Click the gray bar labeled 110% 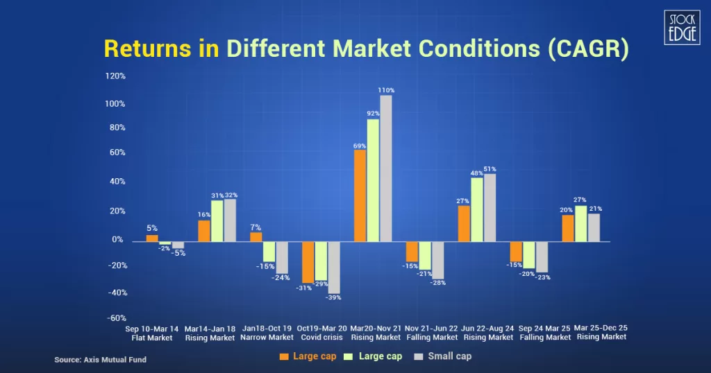click(x=386, y=168)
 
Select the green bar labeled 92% click(x=373, y=180)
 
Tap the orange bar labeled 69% click(x=360, y=196)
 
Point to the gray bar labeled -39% click(x=334, y=268)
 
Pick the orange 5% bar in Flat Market click(x=151, y=238)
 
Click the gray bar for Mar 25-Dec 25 click(x=594, y=227)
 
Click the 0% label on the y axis click(x=118, y=240)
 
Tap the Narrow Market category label click(x=267, y=338)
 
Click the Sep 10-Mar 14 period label click(x=151, y=327)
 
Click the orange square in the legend click(x=283, y=356)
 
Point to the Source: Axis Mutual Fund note click(x=101, y=360)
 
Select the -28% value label click(x=437, y=283)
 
